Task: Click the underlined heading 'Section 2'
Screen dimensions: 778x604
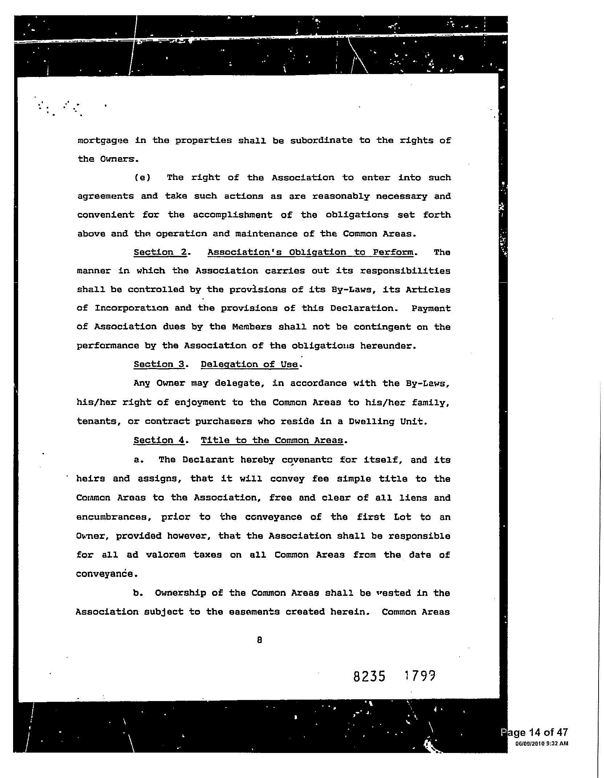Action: tap(160, 252)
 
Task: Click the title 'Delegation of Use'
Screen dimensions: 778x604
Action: tap(249, 364)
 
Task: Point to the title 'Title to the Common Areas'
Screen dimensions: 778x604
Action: tap(272, 440)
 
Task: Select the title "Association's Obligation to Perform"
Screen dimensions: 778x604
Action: tap(310, 252)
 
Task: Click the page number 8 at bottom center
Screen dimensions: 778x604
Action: tap(259, 640)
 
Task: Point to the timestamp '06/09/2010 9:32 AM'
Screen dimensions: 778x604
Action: tap(542, 744)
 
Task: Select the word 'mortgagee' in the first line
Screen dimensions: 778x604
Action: tap(103, 141)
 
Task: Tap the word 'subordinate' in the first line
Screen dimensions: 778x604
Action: tap(321, 140)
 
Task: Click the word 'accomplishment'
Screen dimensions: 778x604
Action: tap(232, 215)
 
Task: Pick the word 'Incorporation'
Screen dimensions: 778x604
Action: tap(131, 308)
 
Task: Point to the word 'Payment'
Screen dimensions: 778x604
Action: tap(431, 308)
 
